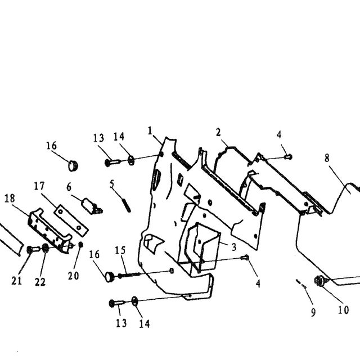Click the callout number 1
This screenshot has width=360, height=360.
150,131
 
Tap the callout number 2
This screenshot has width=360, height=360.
218,132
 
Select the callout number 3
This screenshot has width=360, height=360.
234,247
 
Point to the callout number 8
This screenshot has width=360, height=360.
327,158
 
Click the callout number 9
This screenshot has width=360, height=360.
313,312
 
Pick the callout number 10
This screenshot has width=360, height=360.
344,310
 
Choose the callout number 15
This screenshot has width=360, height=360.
120,250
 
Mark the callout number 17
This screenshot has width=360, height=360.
39,186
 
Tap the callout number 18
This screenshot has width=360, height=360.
10,199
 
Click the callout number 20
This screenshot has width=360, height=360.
74,276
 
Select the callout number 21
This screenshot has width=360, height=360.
16,281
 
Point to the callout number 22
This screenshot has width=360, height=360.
40,282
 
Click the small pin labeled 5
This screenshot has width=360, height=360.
127,205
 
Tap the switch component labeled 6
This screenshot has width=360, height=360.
92,206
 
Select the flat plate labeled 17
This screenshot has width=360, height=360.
71,220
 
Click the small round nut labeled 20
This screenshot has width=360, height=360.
80,245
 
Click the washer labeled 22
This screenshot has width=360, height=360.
46,248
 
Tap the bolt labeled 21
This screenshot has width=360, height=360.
33,249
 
